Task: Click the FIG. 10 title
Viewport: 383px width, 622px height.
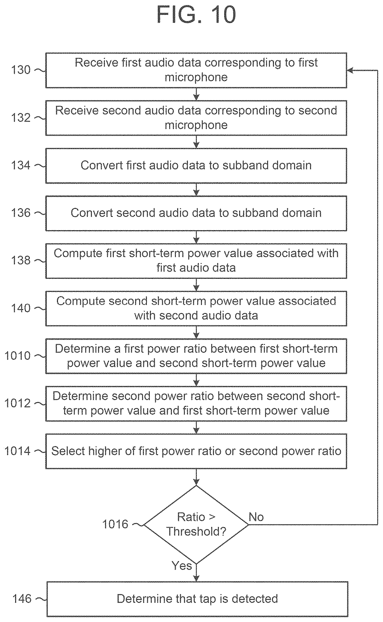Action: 196,15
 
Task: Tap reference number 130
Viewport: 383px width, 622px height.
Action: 21,70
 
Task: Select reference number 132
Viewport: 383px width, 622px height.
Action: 21,118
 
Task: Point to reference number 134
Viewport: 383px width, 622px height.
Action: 21,165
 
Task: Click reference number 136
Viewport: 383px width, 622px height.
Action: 21,213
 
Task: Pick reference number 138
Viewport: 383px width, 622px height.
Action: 21,260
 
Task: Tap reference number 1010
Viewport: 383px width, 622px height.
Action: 17,356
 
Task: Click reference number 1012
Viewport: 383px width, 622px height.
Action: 17,403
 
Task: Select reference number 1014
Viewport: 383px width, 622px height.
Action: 17,451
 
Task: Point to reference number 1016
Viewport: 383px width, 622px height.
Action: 115,524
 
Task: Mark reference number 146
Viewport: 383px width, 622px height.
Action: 22,599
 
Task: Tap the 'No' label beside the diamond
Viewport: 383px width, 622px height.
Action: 256,517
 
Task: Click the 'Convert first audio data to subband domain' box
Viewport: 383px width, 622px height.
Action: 196,166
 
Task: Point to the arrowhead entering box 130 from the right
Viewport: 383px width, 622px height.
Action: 350,70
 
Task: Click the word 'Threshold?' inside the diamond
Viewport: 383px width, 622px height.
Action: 196,531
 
